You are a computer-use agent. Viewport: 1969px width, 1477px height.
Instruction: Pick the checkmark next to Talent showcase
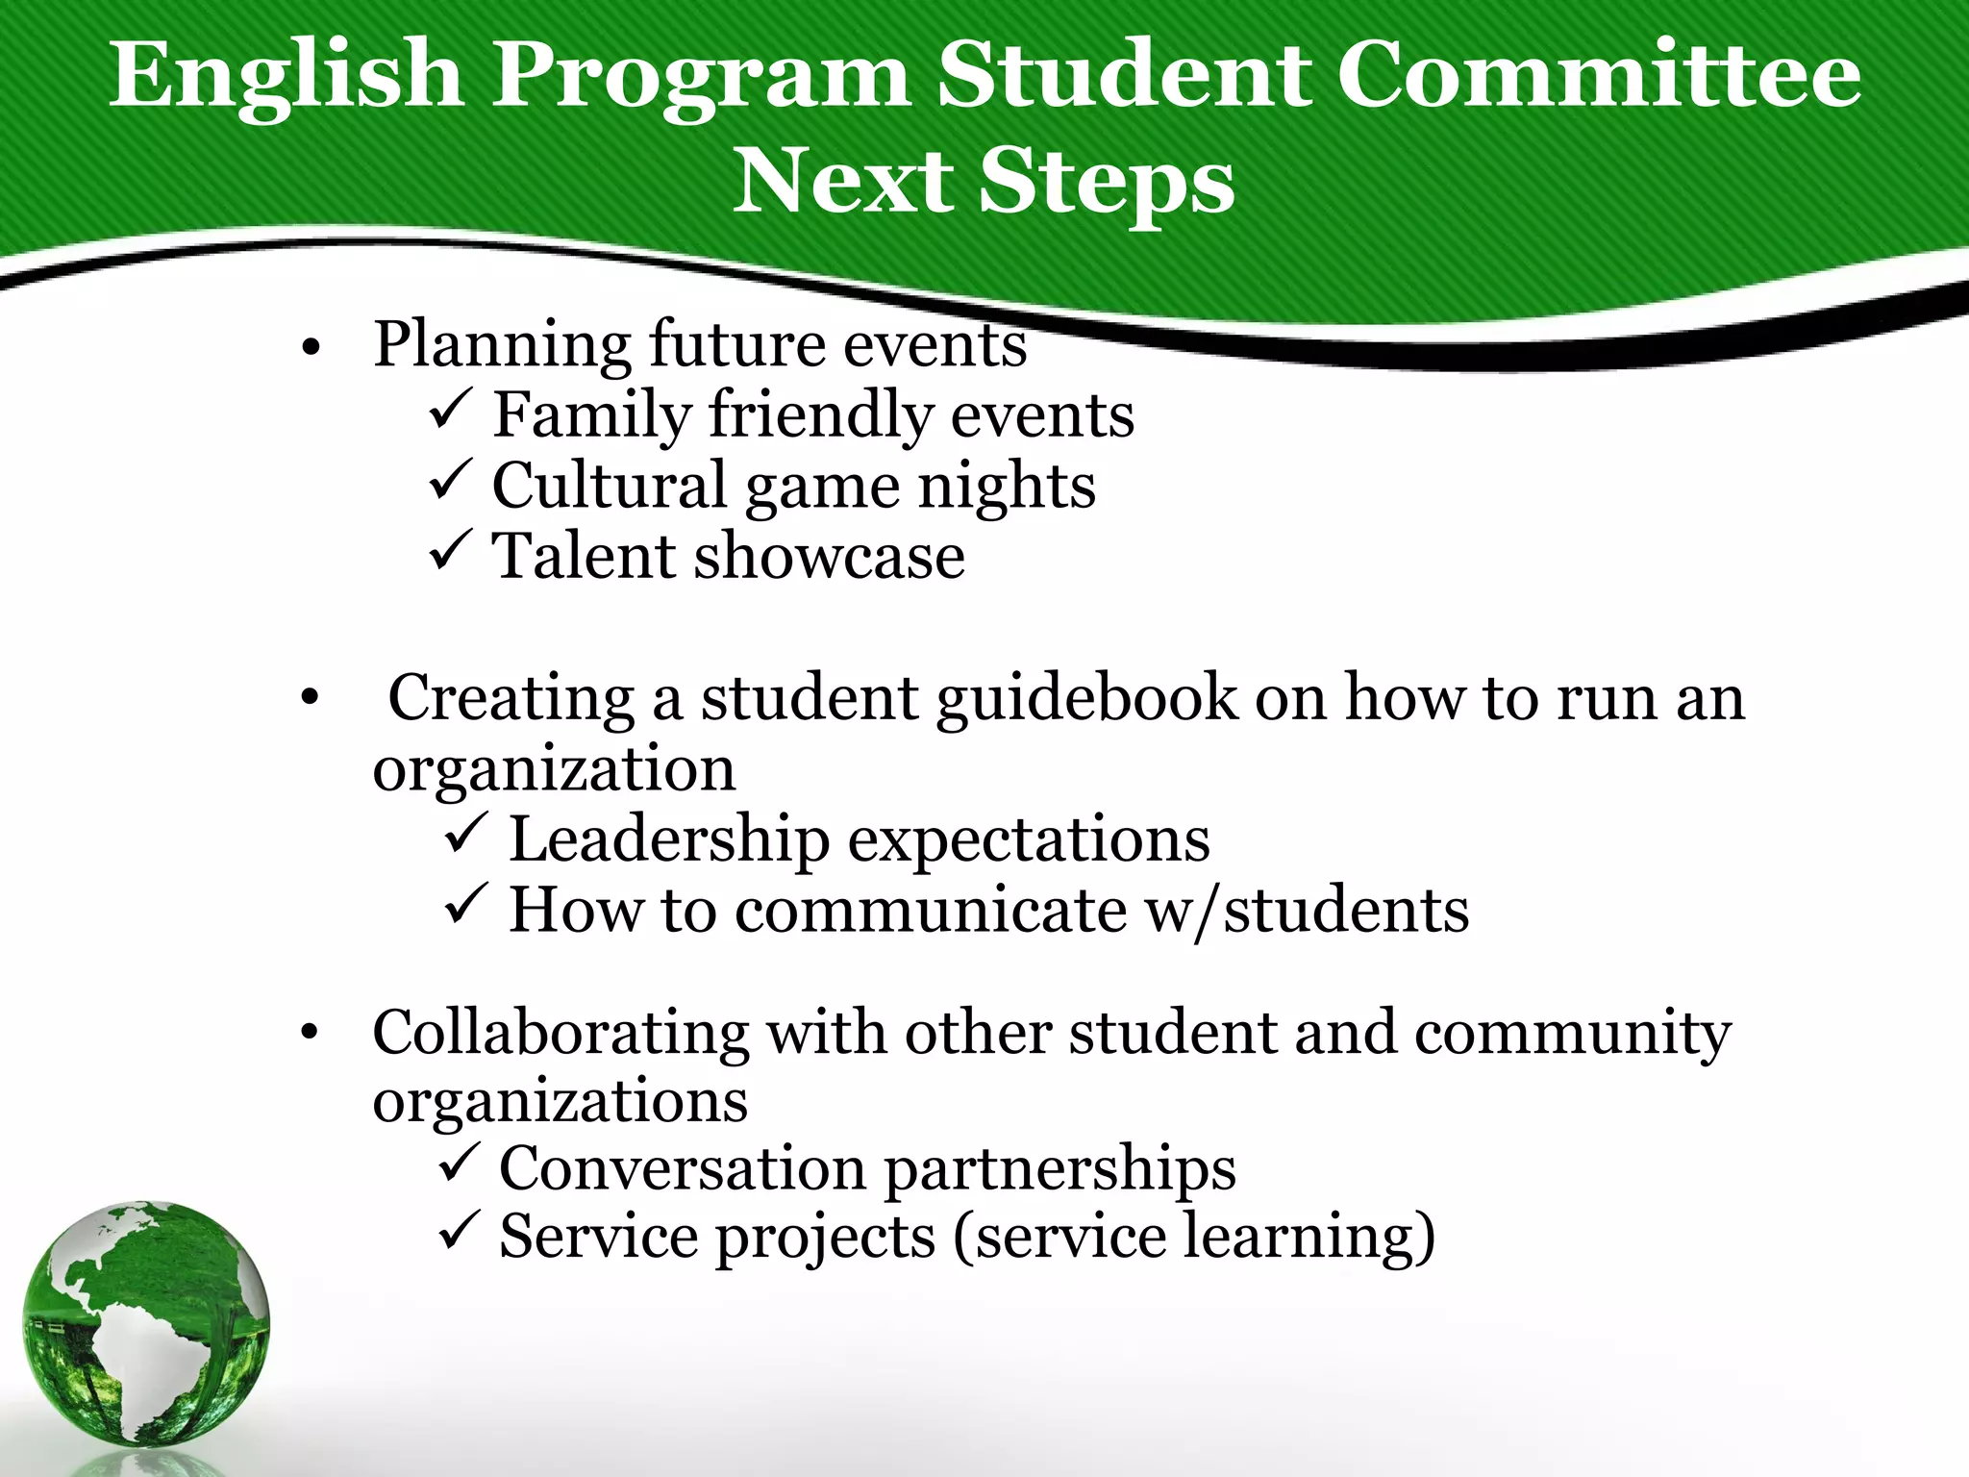point(449,550)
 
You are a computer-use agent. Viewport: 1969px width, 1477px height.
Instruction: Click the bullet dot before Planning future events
point(309,348)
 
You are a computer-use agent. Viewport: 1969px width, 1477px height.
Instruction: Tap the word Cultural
point(609,485)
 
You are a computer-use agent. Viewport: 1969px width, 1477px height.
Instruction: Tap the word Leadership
point(669,840)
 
